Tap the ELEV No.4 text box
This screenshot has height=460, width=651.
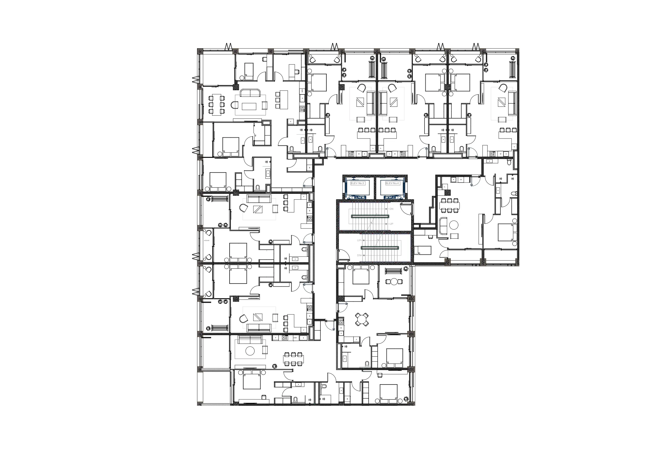(392, 183)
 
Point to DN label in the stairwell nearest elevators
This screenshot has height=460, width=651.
(391, 209)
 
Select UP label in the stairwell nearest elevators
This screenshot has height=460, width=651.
(391, 224)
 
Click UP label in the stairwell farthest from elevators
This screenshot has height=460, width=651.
(359, 240)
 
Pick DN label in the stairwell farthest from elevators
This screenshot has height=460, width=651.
(359, 255)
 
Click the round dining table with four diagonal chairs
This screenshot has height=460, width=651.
(362, 319)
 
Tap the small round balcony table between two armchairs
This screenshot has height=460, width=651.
(394, 281)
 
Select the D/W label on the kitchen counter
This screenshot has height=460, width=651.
(295, 338)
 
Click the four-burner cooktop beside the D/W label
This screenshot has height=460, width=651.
(285, 338)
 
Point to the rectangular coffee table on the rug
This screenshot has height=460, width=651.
(249, 106)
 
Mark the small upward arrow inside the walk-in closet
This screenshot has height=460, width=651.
(256, 136)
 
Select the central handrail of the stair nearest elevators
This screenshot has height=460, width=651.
(369, 216)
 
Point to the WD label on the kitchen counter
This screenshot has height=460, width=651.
(302, 91)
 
